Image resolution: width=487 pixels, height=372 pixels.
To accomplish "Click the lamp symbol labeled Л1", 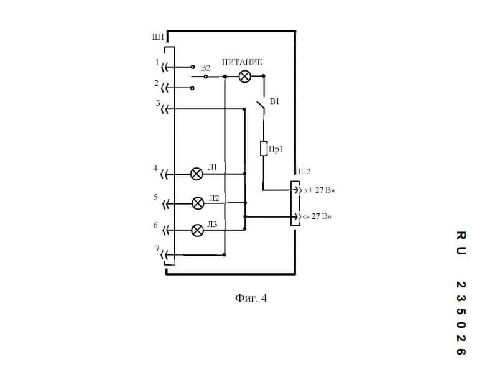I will click(x=197, y=174).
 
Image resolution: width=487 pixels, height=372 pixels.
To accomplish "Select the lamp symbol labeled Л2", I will click(x=197, y=203).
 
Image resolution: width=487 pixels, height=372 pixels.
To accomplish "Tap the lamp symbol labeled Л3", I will click(x=197, y=230).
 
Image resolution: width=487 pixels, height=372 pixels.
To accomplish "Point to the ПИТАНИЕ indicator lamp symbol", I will click(x=245, y=77).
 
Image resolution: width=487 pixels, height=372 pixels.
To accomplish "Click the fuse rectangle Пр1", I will click(x=264, y=149).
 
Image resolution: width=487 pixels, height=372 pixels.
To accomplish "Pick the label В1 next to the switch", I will click(x=274, y=101).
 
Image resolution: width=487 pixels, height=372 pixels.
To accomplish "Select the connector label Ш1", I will click(x=158, y=37).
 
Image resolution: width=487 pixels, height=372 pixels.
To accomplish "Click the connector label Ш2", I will click(x=304, y=172).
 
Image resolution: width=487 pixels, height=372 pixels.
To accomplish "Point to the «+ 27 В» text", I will click(x=318, y=190).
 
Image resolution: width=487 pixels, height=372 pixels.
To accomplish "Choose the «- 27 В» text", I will click(x=317, y=217).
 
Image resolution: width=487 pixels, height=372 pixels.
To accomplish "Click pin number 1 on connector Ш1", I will click(x=157, y=62).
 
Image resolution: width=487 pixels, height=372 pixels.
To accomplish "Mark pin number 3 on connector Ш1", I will click(x=158, y=103).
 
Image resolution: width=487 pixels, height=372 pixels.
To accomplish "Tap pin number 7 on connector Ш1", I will click(x=157, y=249).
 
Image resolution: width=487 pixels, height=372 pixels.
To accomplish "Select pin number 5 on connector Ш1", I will click(x=155, y=197).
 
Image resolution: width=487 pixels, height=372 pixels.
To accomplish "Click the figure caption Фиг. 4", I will click(x=251, y=299).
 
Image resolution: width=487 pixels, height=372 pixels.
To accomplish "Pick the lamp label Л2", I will click(x=214, y=198).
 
